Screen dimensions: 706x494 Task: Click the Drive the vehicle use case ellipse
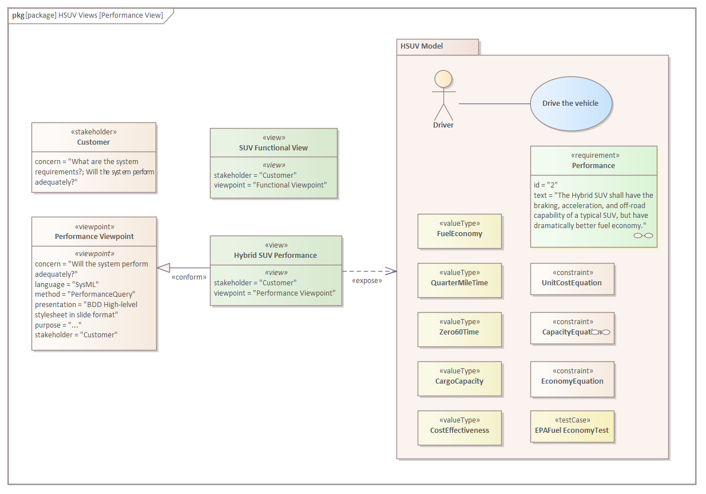pos(571,103)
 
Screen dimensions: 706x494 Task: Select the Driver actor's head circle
pos(443,79)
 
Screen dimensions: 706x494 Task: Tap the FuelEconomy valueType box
pos(459,231)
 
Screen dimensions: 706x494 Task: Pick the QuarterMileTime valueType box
pos(459,280)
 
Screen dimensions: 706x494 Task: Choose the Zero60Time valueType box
pos(459,329)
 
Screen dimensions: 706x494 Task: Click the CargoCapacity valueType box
pos(459,379)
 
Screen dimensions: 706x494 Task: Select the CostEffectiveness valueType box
pos(459,428)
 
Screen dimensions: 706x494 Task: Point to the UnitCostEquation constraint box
pos(572,279)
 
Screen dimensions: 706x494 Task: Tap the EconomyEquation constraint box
pos(572,379)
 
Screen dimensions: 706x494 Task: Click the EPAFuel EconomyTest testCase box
pos(572,427)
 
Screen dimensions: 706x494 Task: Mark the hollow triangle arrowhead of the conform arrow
pos(163,268)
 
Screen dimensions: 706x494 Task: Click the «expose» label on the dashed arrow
pos(367,281)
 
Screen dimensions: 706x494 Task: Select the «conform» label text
pos(189,277)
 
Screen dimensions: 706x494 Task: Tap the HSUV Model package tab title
pos(422,46)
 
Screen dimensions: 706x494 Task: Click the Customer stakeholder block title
pos(93,142)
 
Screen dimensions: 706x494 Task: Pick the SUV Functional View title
pos(273,148)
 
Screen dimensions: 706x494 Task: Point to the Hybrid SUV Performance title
pos(275,255)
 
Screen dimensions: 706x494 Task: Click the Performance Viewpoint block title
pos(94,236)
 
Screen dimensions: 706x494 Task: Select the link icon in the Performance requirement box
pos(643,236)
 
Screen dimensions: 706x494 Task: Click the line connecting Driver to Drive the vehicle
pos(494,103)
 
